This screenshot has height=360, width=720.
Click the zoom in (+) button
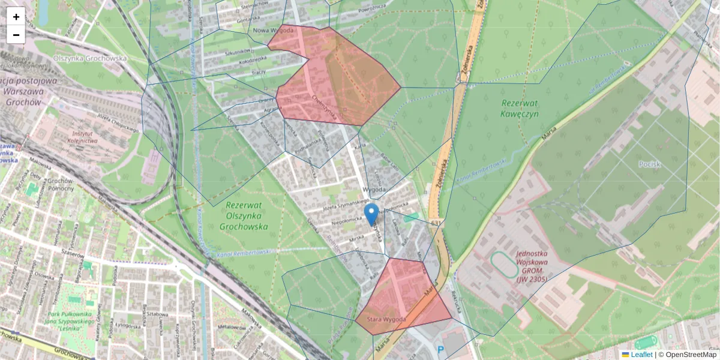click(16, 17)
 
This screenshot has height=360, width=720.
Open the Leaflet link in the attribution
click(641, 355)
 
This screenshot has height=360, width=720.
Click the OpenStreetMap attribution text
click(691, 355)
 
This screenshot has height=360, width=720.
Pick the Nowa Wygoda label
click(274, 31)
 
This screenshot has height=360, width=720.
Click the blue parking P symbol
click(441, 350)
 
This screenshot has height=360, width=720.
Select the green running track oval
click(504, 265)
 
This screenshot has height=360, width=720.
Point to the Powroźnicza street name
click(371, 8)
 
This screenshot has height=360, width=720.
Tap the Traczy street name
click(259, 72)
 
